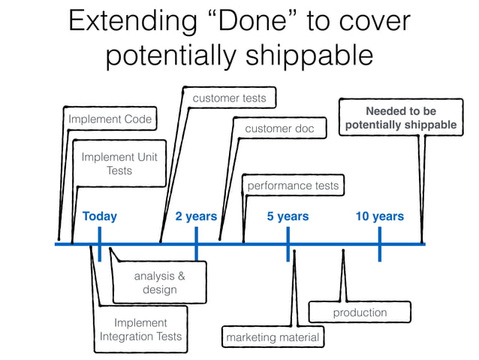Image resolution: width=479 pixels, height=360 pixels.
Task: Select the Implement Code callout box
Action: pyautogui.click(x=110, y=119)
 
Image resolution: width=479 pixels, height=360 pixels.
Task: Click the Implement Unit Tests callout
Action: pyautogui.click(x=119, y=164)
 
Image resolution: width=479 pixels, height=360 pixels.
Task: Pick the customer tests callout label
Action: pyautogui.click(x=229, y=98)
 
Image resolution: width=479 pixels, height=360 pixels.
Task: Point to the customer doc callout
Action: pyautogui.click(x=279, y=129)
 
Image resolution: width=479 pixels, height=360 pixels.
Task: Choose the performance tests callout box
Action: pyautogui.click(x=293, y=185)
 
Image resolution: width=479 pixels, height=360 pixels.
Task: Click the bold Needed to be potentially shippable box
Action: pyautogui.click(x=400, y=118)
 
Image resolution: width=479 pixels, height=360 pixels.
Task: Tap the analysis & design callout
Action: pyautogui.click(x=159, y=282)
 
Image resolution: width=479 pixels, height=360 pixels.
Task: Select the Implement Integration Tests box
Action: pyautogui.click(x=140, y=329)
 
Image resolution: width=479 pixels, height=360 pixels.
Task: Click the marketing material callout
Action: pyautogui.click(x=273, y=337)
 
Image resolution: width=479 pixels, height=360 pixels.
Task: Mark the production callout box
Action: pyautogui.click(x=360, y=312)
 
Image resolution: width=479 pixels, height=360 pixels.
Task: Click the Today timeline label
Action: pyautogui.click(x=100, y=216)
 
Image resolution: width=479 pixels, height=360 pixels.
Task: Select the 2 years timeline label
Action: pyautogui.click(x=196, y=216)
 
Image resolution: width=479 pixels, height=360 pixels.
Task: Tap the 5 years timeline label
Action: pyautogui.click(x=288, y=216)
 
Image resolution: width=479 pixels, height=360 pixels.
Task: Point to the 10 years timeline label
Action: pyautogui.click(x=379, y=216)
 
